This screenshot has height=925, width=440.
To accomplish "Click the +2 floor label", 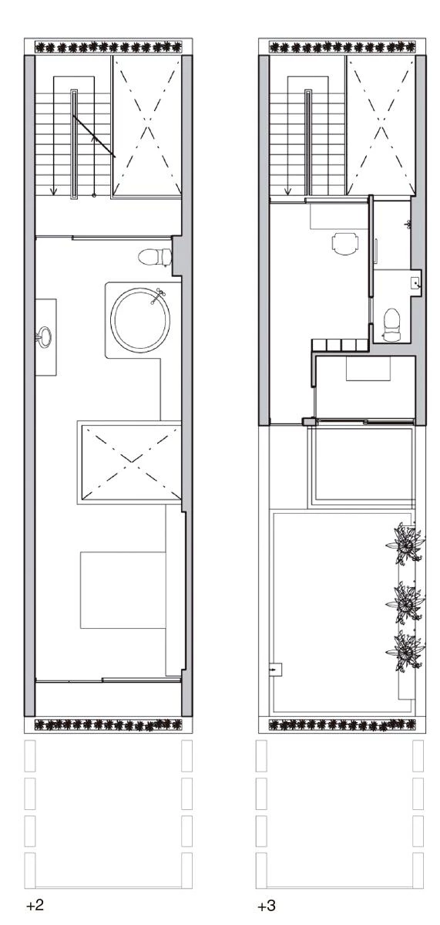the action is pos(35,906).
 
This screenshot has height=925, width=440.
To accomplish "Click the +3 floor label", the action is pos(267,906).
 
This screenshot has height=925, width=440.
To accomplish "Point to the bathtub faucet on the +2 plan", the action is pos(158,296).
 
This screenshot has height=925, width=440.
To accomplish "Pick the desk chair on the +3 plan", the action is pos(344,244).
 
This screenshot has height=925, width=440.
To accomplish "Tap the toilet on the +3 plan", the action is pos(391,325).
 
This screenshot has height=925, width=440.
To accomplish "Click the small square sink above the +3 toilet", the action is pos(416,282).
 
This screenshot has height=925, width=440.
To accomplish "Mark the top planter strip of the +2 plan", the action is pos(109,46).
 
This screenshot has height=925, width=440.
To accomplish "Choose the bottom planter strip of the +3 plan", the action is pos(341,725).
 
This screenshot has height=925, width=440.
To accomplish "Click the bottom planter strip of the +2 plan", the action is pos(109,725).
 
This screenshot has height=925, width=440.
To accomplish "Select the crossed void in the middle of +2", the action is pos(129,462).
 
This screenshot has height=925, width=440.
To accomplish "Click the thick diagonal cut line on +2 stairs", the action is pos(94,137).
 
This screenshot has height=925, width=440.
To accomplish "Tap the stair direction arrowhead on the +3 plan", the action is pos(287,191).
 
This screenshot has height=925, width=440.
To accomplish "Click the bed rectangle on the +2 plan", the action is pos(123,590).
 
